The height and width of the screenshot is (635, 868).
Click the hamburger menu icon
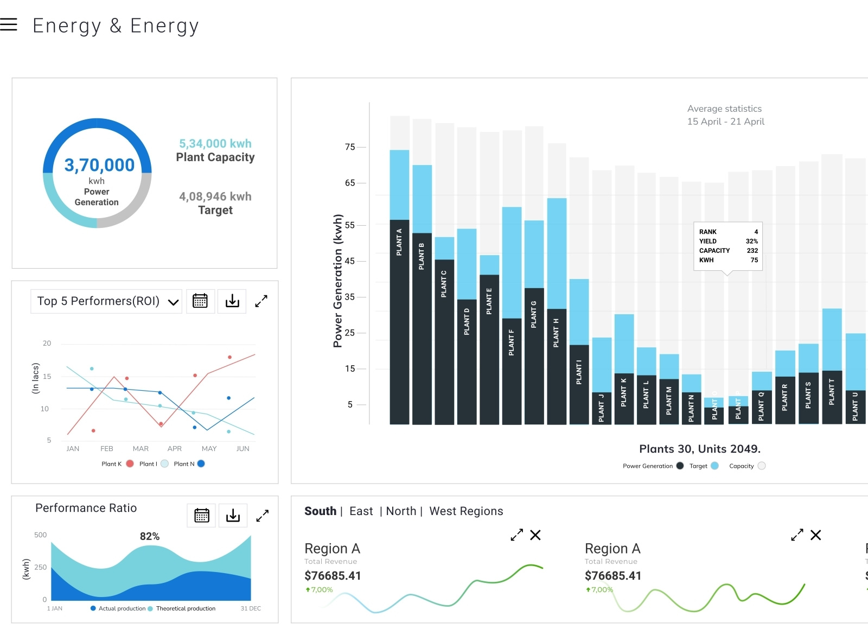click(9, 24)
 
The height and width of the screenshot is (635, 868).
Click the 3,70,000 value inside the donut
click(99, 165)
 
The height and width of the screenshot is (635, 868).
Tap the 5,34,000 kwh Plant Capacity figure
click(215, 144)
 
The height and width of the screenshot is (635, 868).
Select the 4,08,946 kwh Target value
click(215, 196)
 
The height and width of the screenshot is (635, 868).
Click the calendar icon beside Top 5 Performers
click(200, 301)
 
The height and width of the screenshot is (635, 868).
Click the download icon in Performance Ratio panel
click(233, 515)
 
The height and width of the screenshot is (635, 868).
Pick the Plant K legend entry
click(117, 464)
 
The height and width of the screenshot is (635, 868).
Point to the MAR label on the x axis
click(141, 449)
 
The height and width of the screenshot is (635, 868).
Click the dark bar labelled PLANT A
click(399, 326)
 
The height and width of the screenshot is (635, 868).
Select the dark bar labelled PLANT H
click(557, 369)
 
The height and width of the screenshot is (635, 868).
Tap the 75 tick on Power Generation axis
click(350, 147)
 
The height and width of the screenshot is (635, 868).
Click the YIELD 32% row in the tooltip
click(728, 242)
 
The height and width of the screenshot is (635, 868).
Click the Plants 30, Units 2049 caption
click(700, 449)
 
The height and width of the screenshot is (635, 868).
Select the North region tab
click(401, 511)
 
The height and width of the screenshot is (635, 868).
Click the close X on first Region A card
click(535, 535)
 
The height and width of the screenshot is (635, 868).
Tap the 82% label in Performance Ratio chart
click(150, 536)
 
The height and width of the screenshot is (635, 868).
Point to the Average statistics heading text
click(724, 109)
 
